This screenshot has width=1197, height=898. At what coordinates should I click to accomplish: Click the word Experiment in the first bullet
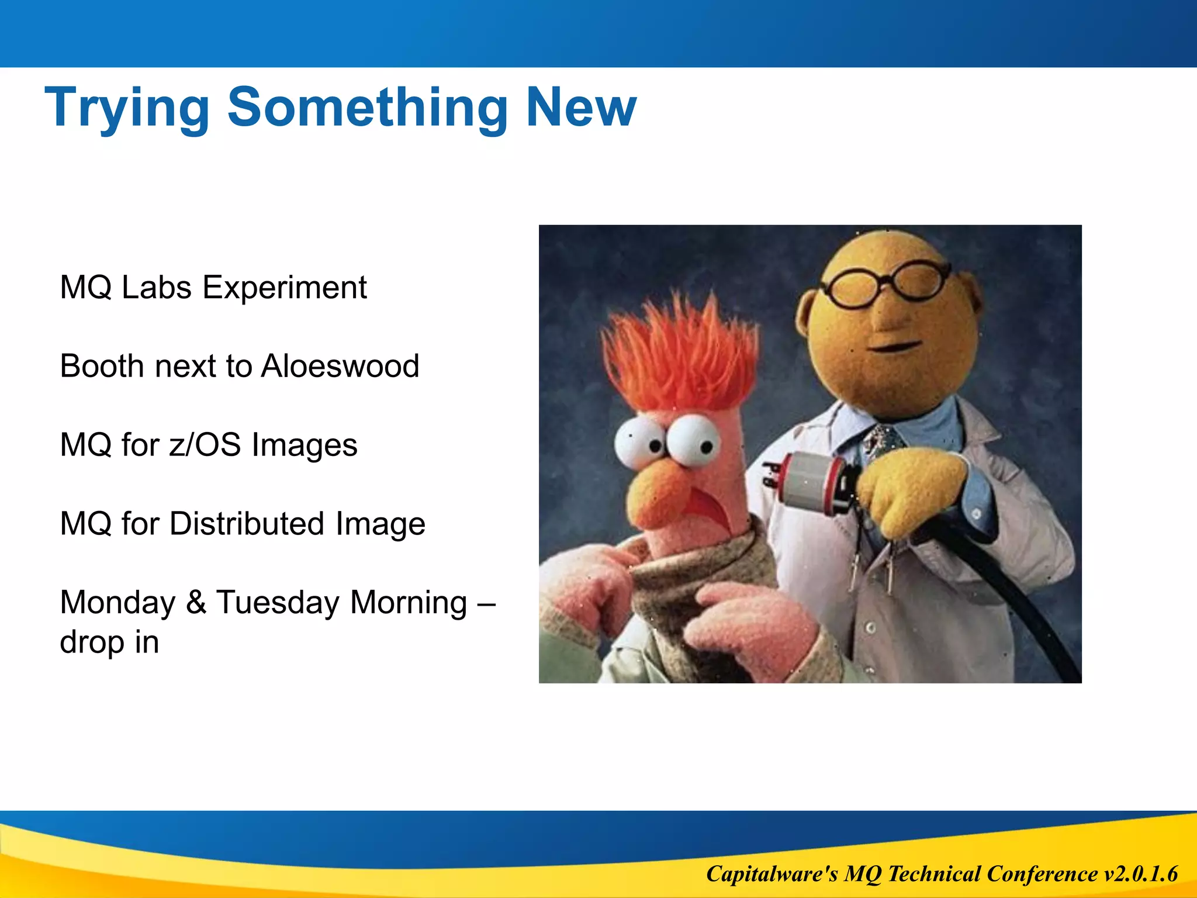(x=285, y=288)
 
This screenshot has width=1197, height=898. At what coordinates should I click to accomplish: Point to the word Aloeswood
(x=340, y=366)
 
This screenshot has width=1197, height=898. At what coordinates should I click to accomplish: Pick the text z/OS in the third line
(x=205, y=445)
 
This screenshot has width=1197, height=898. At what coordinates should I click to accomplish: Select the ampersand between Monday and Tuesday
(x=196, y=602)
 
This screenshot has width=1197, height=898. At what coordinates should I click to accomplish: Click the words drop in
(x=109, y=642)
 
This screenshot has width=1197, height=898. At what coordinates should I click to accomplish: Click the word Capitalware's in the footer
(x=772, y=874)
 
